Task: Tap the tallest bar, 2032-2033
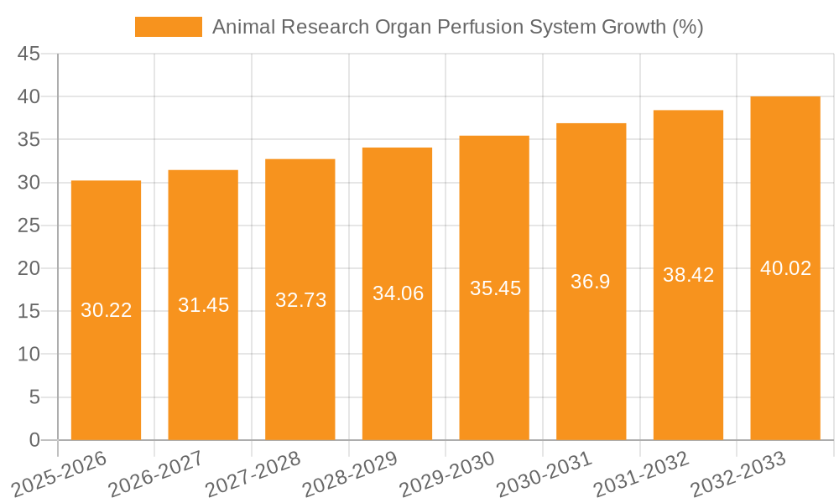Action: click(x=785, y=352)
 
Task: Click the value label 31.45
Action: click(x=203, y=305)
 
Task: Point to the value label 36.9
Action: click(x=591, y=282)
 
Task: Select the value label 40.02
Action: click(x=785, y=268)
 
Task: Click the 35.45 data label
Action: click(x=495, y=288)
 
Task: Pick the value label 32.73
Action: click(x=300, y=300)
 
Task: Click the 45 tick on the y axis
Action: click(x=29, y=54)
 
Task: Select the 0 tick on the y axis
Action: click(x=34, y=440)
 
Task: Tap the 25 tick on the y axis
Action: click(x=29, y=226)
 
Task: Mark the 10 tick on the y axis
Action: click(x=29, y=355)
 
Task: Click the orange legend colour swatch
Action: click(x=169, y=27)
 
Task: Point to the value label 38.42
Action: click(x=688, y=275)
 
